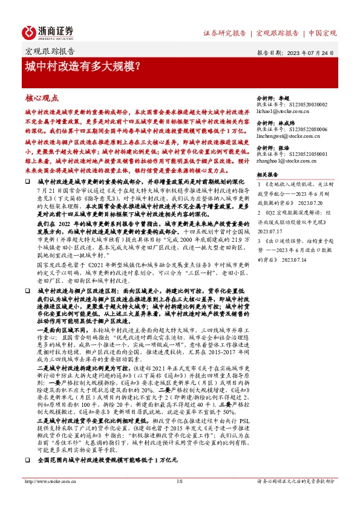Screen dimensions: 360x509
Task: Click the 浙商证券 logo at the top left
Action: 48,31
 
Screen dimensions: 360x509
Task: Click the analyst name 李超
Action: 283,97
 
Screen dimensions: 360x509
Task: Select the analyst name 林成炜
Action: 286,122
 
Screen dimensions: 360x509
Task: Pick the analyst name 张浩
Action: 283,147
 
